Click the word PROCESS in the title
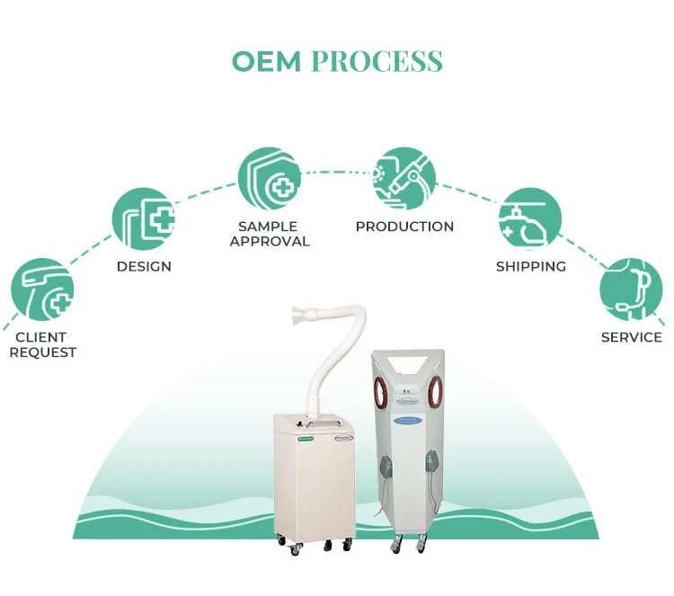pyautogui.click(x=377, y=61)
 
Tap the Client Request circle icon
pyautogui.click(x=41, y=290)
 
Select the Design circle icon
pyautogui.click(x=143, y=219)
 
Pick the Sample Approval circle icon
pyautogui.click(x=269, y=178)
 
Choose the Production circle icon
pyautogui.click(x=404, y=178)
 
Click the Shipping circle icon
pyautogui.click(x=530, y=218)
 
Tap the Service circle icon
pyautogui.click(x=631, y=289)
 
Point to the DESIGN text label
pyautogui.click(x=144, y=267)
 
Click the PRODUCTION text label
pyautogui.click(x=404, y=227)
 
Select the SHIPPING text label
pyautogui.click(x=531, y=267)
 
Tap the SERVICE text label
pyautogui.click(x=632, y=338)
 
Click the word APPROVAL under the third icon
pyautogui.click(x=270, y=241)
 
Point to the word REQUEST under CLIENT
pyautogui.click(x=43, y=352)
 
